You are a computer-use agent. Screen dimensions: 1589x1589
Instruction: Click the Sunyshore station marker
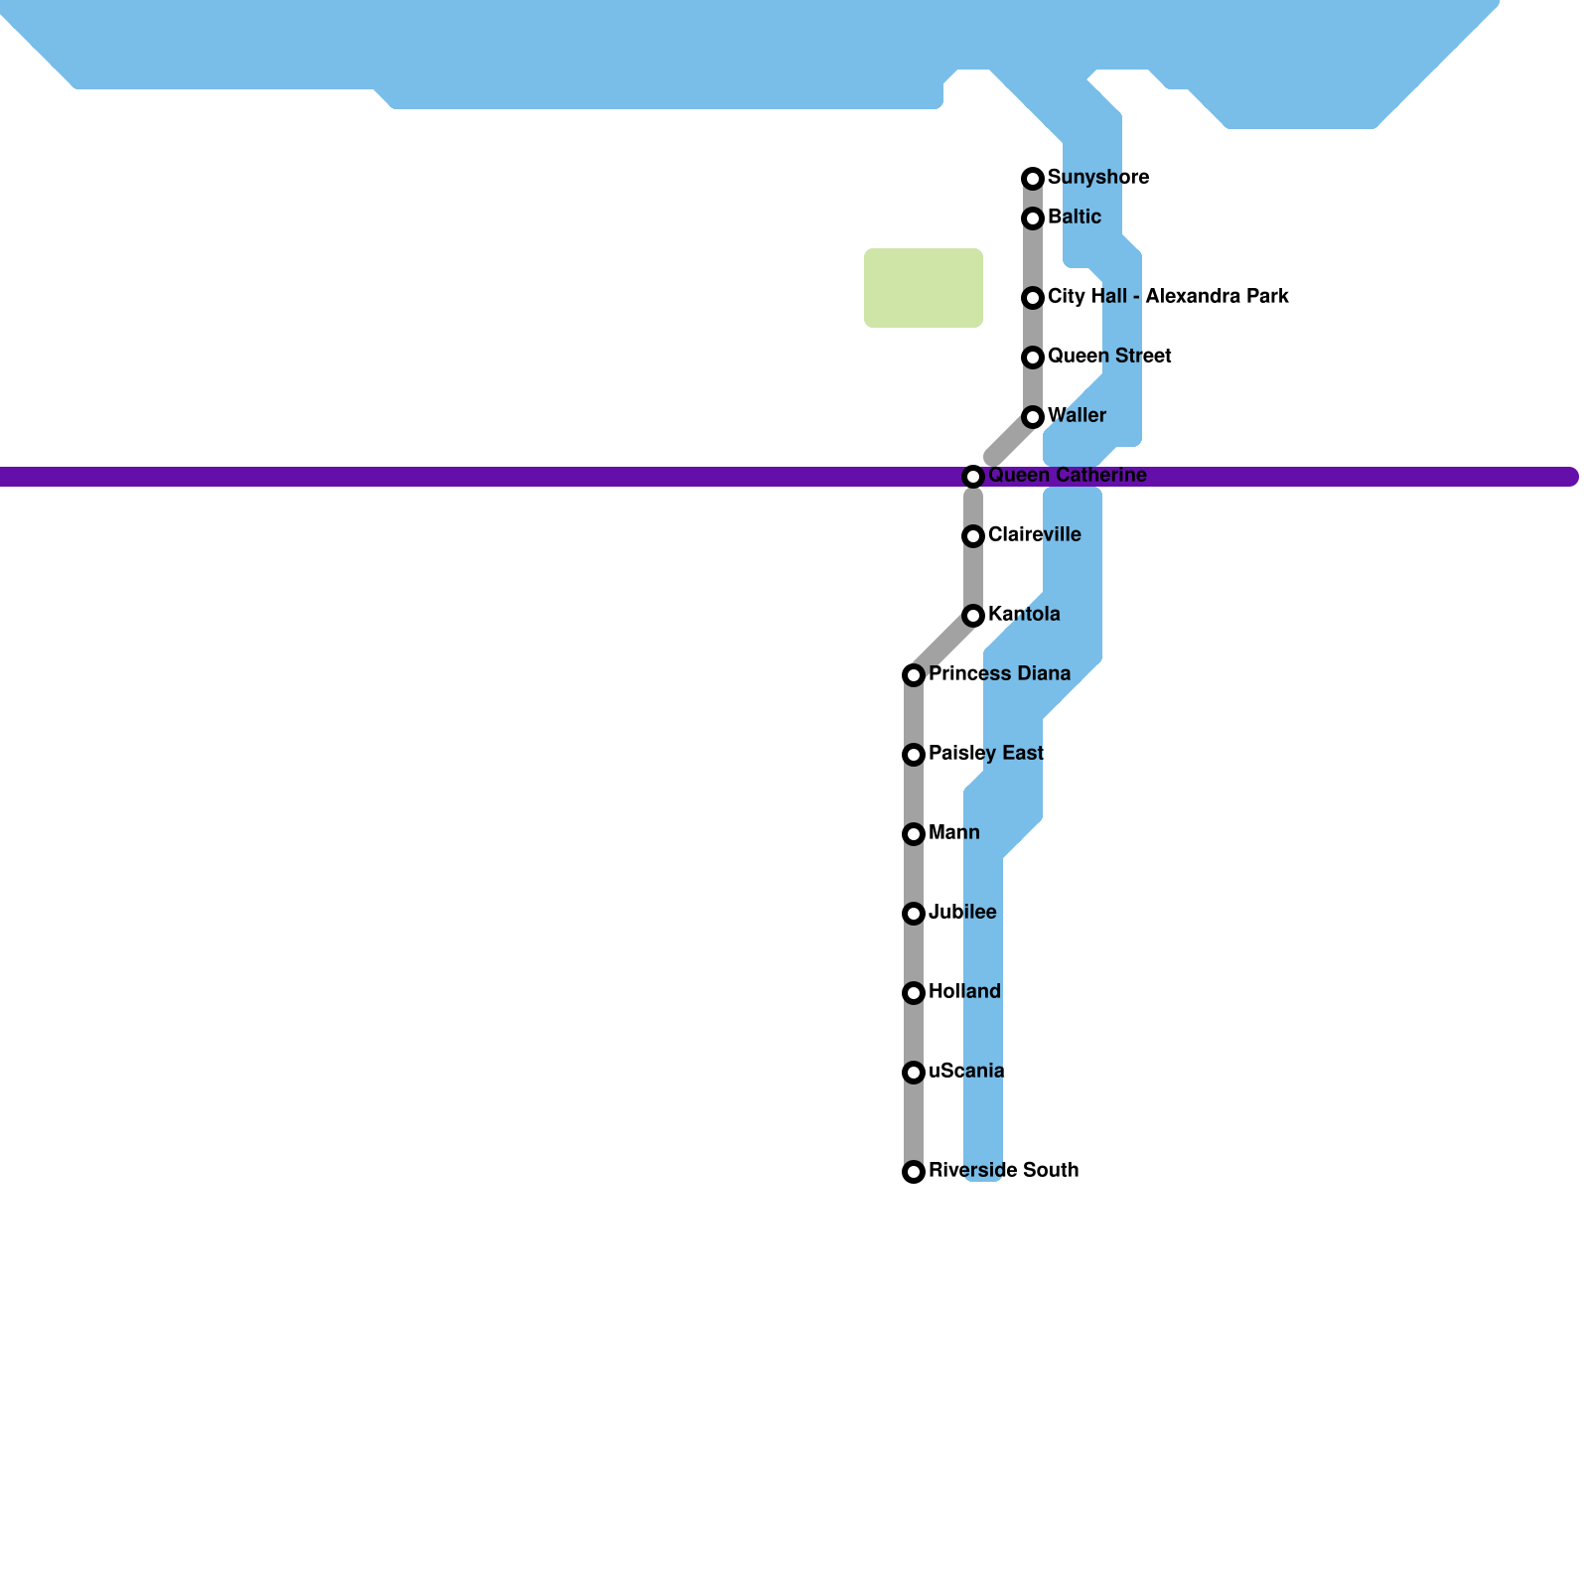click(1033, 179)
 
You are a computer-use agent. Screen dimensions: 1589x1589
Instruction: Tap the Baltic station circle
click(1033, 218)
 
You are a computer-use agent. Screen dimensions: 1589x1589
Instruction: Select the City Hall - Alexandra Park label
click(1168, 297)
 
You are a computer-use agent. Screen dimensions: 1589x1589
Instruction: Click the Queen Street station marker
click(1033, 358)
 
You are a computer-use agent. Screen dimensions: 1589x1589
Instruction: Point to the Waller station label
click(1077, 416)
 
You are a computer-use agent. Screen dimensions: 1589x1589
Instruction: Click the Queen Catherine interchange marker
click(973, 477)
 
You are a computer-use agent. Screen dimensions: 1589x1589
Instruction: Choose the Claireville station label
click(1034, 535)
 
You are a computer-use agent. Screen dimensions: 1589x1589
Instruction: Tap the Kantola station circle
click(973, 616)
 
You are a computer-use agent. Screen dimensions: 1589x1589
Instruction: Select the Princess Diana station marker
click(914, 675)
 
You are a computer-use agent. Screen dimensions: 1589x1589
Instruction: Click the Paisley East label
click(986, 754)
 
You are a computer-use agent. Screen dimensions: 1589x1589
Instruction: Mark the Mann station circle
click(914, 834)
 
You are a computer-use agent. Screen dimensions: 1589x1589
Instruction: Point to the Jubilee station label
click(962, 913)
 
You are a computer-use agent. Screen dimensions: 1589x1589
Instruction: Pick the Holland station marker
click(914, 993)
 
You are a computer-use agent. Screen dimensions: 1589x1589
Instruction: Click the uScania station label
click(966, 1072)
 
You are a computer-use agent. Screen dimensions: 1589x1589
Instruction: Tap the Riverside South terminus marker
click(914, 1172)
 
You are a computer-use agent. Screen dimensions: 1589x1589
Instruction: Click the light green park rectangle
click(924, 288)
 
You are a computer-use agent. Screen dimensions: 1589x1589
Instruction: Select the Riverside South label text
click(1003, 1171)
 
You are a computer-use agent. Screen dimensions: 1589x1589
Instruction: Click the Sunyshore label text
click(1098, 178)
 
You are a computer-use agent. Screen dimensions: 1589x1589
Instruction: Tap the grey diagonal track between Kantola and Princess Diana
click(943, 646)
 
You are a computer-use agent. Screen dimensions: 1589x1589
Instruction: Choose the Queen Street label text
click(1109, 357)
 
